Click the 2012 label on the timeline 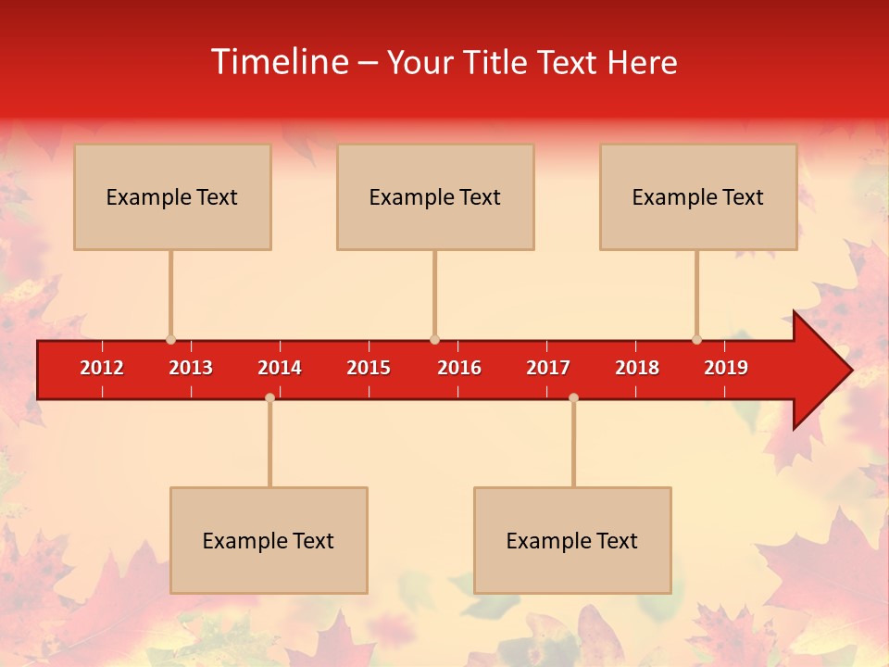[x=102, y=368]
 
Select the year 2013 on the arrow [x=191, y=368]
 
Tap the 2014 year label [x=280, y=368]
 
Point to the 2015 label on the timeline [x=369, y=368]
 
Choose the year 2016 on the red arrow [x=459, y=368]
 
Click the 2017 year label [x=548, y=368]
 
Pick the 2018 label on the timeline [x=637, y=368]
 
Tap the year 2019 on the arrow [x=726, y=368]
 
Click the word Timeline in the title [x=278, y=62]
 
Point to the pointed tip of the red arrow [x=849, y=371]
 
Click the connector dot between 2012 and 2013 [x=170, y=339]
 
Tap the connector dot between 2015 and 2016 [x=434, y=339]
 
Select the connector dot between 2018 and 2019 [x=696, y=339]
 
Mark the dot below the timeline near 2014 [x=269, y=397]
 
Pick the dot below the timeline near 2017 [x=573, y=397]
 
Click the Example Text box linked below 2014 [x=269, y=540]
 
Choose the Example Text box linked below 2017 [x=572, y=540]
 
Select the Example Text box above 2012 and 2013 [x=172, y=196]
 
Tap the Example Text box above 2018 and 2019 [x=698, y=196]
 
